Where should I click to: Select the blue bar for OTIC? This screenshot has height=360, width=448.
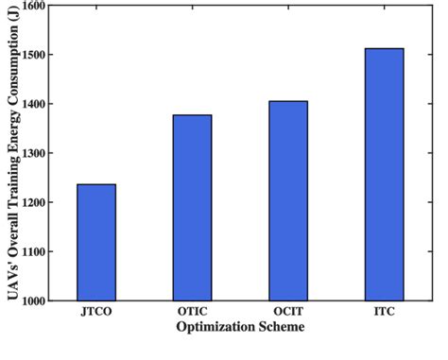[192, 208]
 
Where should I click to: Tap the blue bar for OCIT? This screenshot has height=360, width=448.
[288, 200]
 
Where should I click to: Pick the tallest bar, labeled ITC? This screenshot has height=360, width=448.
[384, 175]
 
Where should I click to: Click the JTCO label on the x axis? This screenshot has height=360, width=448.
[96, 311]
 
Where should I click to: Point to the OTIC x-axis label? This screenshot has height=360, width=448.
[192, 311]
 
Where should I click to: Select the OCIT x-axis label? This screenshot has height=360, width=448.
[288, 311]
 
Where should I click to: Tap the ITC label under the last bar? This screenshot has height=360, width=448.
[384, 311]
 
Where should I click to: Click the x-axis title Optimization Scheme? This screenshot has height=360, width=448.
[240, 327]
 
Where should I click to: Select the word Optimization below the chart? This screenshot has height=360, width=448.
[216, 327]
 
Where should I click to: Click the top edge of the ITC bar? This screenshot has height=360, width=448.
[384, 49]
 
